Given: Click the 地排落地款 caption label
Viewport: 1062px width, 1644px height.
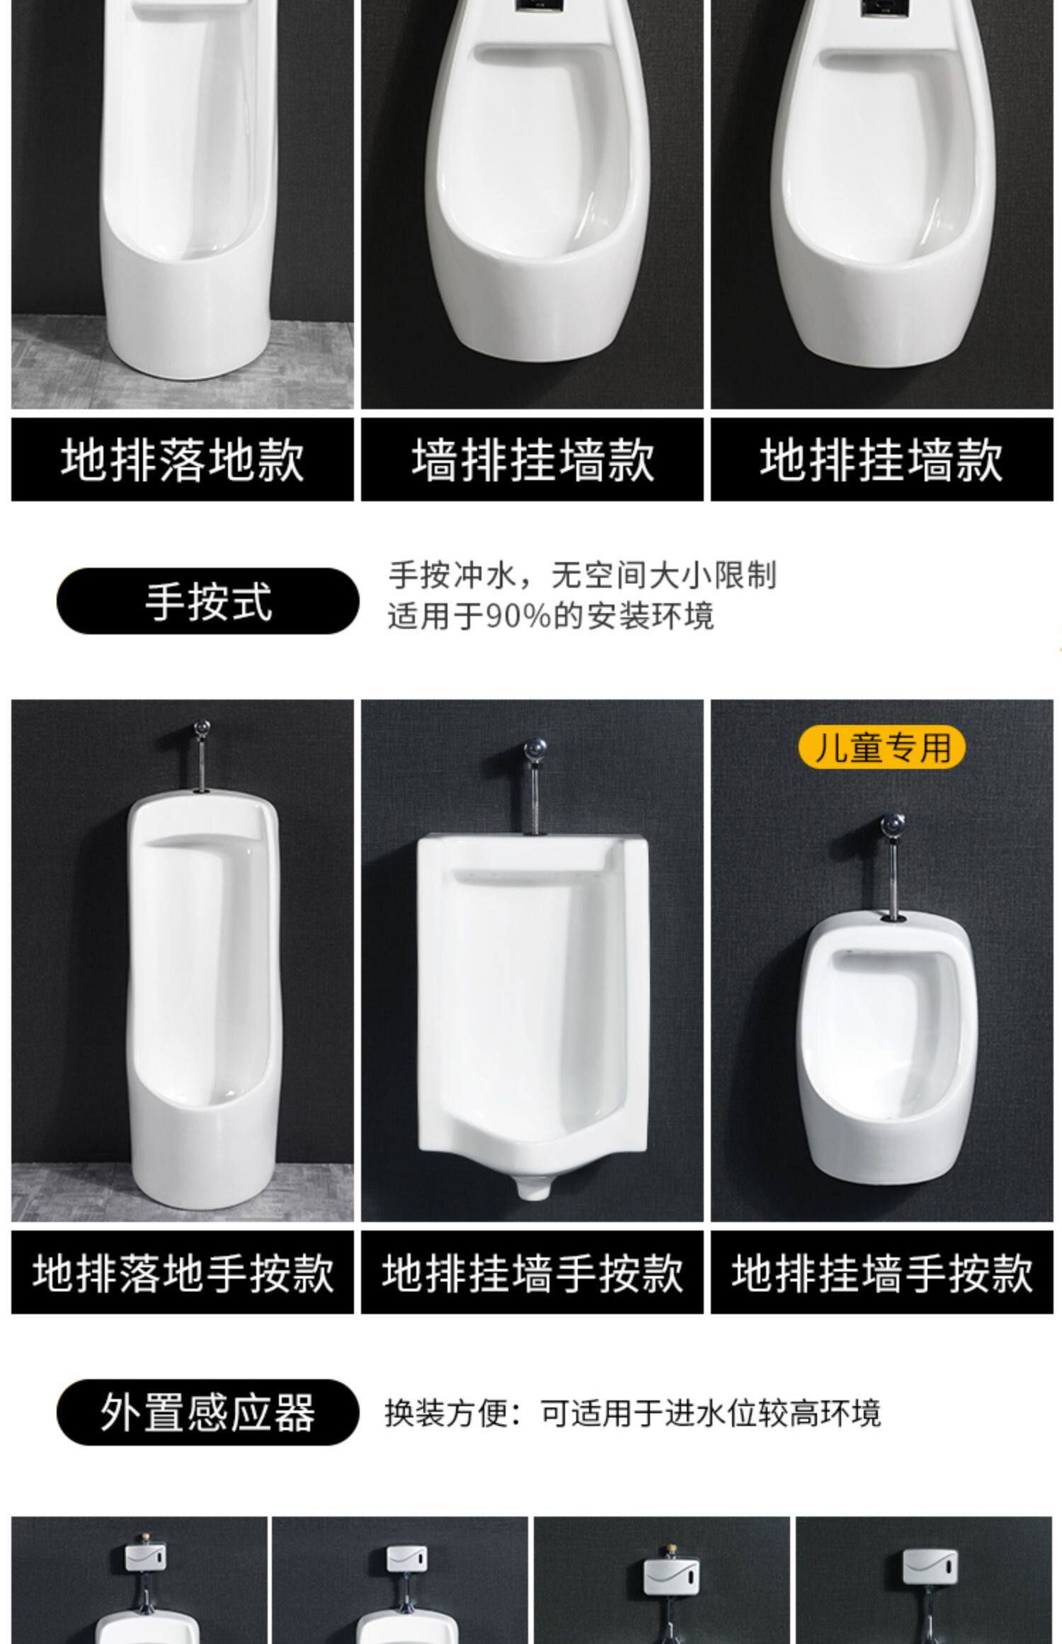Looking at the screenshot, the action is point(182,459).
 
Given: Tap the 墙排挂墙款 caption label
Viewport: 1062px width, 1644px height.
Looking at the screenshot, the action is point(532,459).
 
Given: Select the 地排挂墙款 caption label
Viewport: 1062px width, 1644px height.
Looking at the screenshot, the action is point(882,459).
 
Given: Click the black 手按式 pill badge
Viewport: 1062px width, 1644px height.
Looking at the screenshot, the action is point(208,601).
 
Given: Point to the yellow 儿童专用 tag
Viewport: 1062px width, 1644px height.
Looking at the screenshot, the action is point(882,747).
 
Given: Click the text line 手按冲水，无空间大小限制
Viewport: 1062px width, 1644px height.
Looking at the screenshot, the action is point(582,576).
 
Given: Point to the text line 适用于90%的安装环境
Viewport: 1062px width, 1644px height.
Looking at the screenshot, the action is point(550,616).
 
